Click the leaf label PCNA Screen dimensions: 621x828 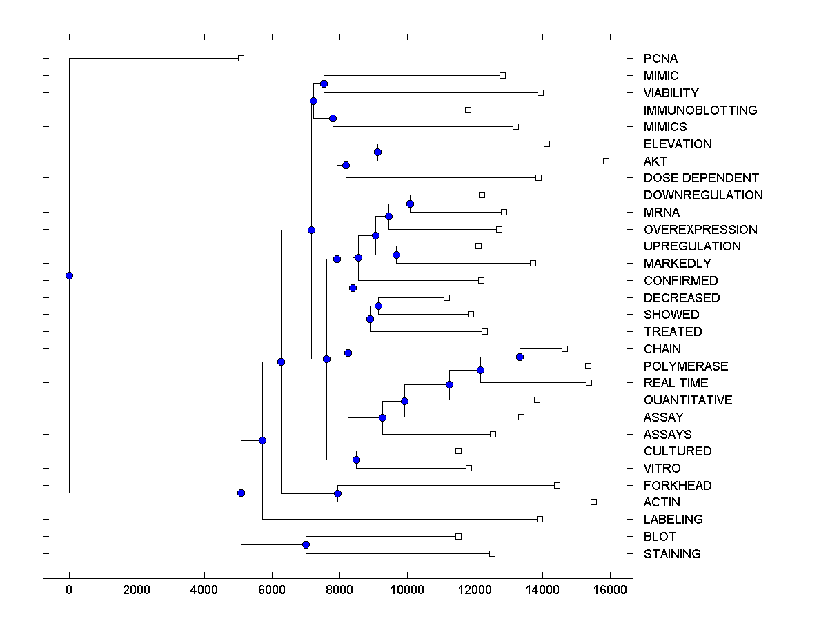point(661,59)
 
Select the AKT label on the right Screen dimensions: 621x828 point(655,161)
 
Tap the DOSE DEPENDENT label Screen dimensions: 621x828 point(701,178)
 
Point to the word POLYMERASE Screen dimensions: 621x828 point(686,366)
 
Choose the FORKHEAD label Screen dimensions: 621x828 point(678,485)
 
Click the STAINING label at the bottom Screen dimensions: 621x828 point(672,553)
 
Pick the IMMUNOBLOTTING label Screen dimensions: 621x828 point(700,110)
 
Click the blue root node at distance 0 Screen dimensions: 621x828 point(69,275)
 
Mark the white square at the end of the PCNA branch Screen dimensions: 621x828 point(241,58)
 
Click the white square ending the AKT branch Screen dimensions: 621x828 point(606,161)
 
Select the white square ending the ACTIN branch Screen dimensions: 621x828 point(593,502)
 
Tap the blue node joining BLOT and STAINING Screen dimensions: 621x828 point(306,545)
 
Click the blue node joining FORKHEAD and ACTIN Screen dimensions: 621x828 point(337,493)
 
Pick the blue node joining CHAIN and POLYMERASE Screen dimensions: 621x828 point(520,357)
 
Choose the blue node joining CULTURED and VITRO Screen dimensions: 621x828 point(356,460)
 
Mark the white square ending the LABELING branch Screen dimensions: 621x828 point(540,519)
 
